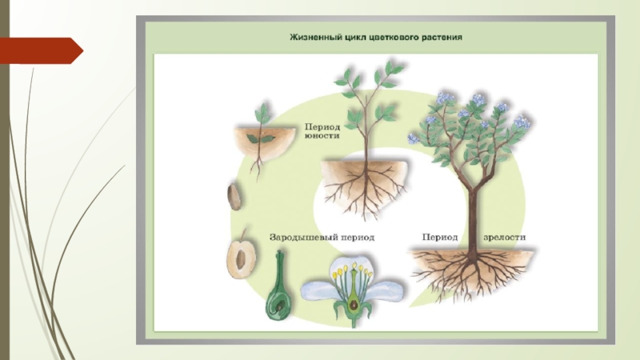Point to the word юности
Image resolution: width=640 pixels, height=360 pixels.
322,135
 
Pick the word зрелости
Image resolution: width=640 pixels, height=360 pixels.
505,237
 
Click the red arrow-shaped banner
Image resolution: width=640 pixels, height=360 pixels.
41,50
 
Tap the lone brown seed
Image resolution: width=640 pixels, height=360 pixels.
234,197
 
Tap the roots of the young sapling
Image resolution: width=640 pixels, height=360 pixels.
365,188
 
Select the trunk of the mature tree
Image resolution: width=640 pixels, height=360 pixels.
474,221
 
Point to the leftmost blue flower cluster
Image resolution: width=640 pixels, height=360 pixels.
413,138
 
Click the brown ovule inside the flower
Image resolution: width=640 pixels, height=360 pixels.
354,305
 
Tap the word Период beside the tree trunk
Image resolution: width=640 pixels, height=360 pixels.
439,237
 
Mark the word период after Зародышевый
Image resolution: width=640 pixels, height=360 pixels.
358,237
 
